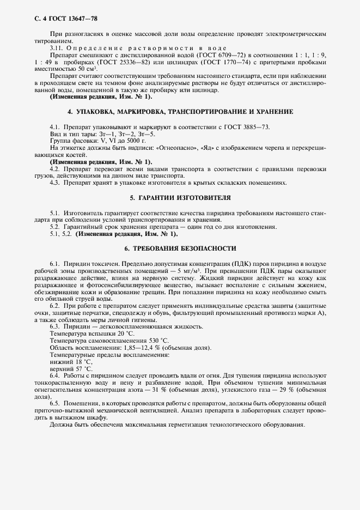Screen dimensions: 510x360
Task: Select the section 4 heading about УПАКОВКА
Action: [180, 111]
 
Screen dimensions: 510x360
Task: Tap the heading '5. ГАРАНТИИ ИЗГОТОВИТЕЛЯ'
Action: [180, 197]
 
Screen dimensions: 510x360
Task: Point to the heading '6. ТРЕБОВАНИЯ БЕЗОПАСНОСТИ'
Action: [180, 248]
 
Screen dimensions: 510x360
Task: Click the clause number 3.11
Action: [57, 48]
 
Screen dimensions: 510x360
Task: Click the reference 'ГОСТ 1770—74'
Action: [233, 62]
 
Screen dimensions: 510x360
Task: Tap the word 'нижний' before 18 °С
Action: [61, 361]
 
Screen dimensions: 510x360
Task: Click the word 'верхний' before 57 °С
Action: [62, 369]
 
